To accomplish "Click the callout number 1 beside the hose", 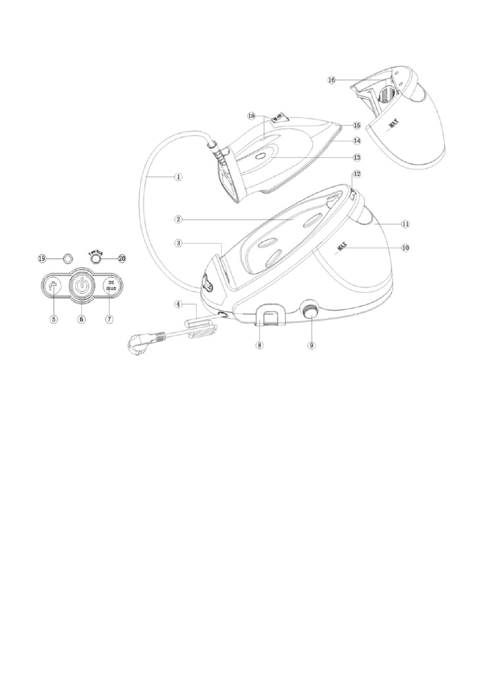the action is point(178,177).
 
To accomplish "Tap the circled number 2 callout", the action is point(178,218).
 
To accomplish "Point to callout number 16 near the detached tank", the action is point(331,80).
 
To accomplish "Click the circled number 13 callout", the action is point(356,156).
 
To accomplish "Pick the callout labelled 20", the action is point(121,257).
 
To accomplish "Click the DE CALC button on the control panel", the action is point(110,285).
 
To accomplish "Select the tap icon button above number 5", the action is point(53,285).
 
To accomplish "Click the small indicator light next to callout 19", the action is point(68,258).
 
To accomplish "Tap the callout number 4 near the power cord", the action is point(178,304).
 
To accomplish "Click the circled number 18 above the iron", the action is point(252,115).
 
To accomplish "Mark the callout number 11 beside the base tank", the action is point(405,225).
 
